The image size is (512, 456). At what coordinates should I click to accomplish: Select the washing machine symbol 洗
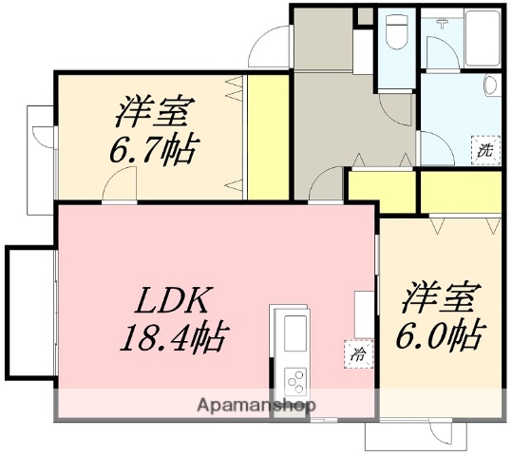point(485,149)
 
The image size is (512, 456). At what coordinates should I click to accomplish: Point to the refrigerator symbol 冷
point(358,353)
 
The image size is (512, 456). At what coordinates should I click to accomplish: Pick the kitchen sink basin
point(292,332)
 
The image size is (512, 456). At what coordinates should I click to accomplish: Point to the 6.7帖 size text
point(157,149)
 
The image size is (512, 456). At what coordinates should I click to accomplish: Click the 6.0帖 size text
point(438,334)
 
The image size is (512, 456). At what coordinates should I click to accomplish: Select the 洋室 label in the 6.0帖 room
point(438,296)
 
